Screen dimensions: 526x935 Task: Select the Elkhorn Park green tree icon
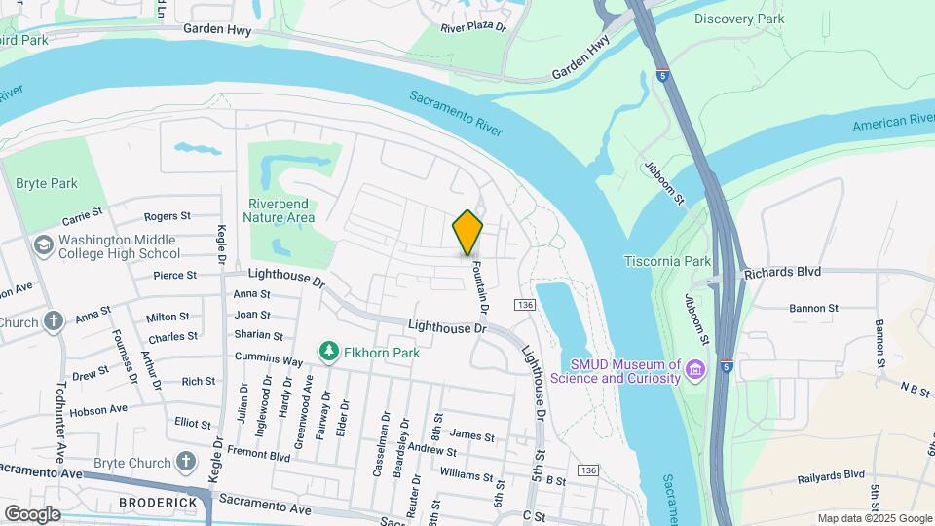[330, 351]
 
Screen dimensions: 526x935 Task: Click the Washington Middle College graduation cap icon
[43, 244]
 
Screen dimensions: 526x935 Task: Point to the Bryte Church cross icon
[186, 461]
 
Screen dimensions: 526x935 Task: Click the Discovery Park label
[740, 19]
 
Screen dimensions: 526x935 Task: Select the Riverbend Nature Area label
[280, 210]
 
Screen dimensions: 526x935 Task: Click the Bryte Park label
[46, 183]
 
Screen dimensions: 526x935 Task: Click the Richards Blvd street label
[783, 272]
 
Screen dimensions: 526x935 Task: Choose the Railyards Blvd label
[827, 474]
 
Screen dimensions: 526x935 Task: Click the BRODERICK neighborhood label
[158, 503]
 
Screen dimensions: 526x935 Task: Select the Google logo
[32, 514]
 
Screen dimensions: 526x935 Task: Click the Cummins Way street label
[269, 360]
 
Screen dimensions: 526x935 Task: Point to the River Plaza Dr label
[474, 28]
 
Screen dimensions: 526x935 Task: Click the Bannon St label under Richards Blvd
[813, 308]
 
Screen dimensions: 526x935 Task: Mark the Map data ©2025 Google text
[875, 518]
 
